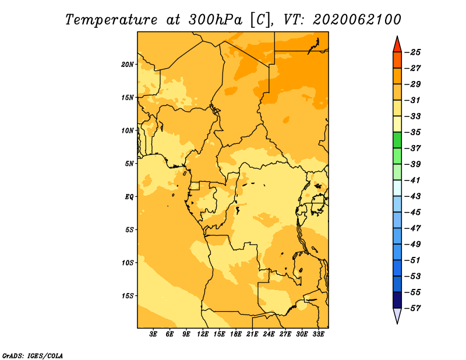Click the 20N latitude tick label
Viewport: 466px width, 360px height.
click(x=128, y=65)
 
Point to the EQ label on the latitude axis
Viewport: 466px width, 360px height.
click(x=129, y=197)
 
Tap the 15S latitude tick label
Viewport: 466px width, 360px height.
click(x=128, y=296)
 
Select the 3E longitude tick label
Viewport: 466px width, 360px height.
click(x=153, y=334)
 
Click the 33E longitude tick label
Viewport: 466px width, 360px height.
click(x=318, y=334)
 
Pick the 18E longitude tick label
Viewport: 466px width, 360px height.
click(x=236, y=334)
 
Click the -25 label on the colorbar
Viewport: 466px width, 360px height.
click(x=413, y=52)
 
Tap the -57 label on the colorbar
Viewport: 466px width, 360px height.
click(x=413, y=308)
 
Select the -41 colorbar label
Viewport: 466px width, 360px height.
click(x=413, y=180)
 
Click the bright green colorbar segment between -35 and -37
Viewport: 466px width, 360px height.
click(x=397, y=140)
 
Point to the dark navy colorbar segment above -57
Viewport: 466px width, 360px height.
click(x=397, y=300)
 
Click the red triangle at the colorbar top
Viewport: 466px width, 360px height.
click(x=397, y=44)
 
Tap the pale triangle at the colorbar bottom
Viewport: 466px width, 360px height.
click(x=397, y=316)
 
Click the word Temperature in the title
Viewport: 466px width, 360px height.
click(x=111, y=20)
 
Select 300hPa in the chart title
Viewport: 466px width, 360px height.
click(x=215, y=20)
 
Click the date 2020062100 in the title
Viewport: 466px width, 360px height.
click(x=356, y=20)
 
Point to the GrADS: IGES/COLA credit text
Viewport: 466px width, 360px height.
click(x=33, y=356)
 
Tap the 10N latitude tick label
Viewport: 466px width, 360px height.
click(x=128, y=130)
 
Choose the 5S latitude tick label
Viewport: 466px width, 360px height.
click(x=129, y=230)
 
